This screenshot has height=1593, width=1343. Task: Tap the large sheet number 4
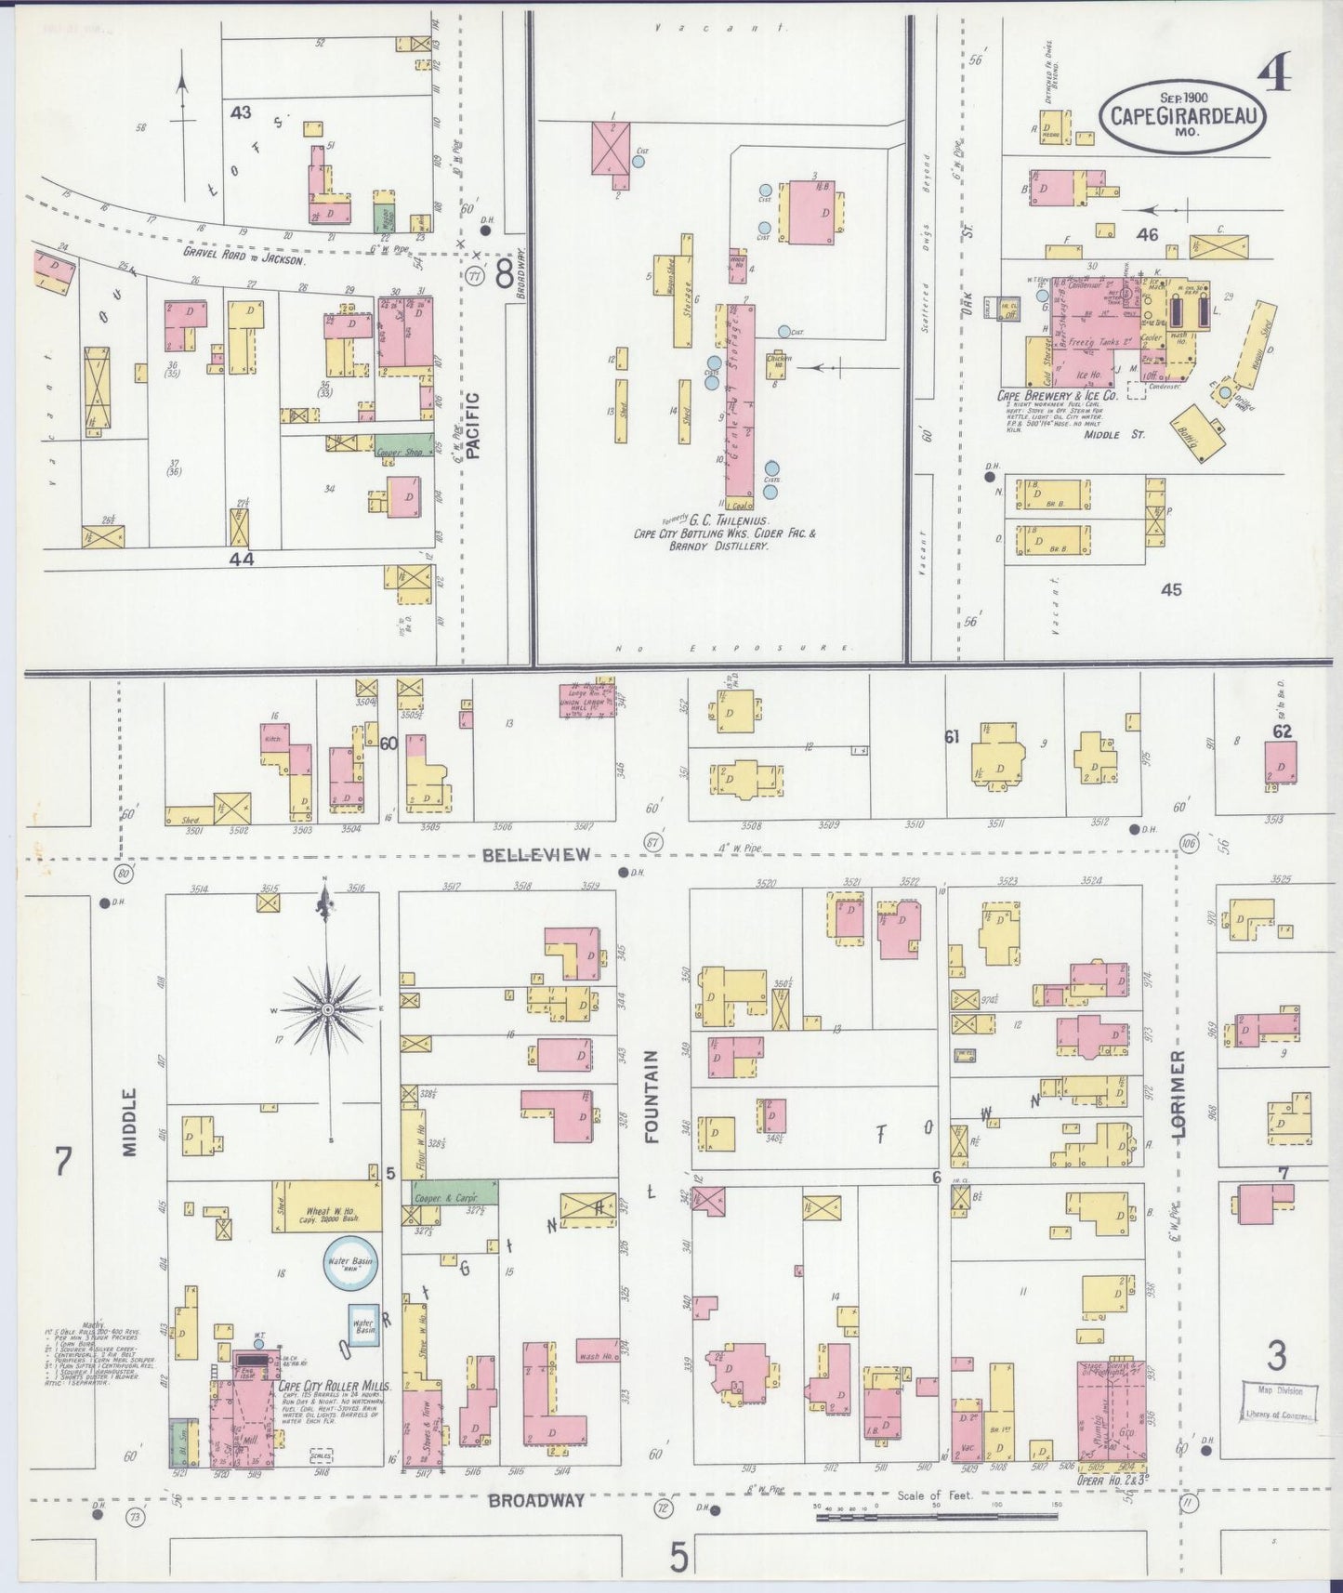pos(1274,73)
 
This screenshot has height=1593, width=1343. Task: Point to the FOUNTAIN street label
pos(651,1096)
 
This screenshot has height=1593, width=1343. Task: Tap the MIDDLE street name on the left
pos(129,1122)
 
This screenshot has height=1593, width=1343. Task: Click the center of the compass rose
pos(328,1008)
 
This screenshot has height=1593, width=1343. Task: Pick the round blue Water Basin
pos(350,1262)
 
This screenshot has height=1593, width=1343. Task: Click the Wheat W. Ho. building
pos(326,1206)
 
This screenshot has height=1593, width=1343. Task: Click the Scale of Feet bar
pos(936,1517)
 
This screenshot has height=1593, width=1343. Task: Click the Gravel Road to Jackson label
pos(244,260)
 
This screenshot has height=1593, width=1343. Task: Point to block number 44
pos(242,560)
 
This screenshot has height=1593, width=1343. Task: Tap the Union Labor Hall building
pos(586,700)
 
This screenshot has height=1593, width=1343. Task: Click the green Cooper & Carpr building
pos(449,1193)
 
